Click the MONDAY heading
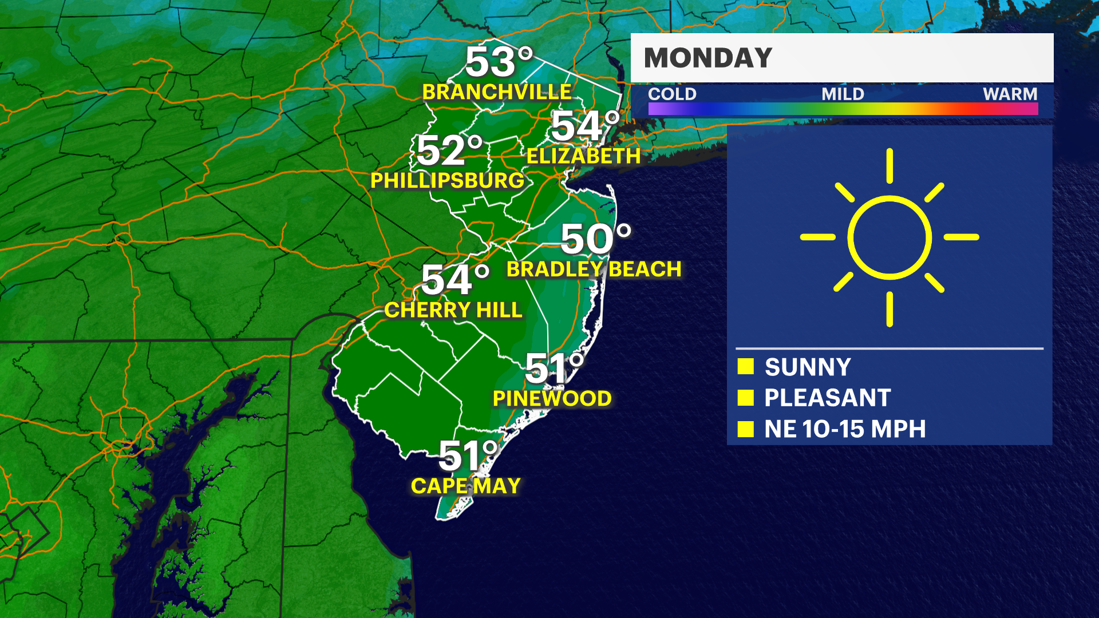tap(708, 58)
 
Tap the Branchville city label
tap(497, 92)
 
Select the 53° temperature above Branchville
tap(498, 61)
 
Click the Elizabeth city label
tap(583, 156)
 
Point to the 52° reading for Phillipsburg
tap(449, 150)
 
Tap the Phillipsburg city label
tap(447, 181)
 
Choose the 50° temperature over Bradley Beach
tap(595, 239)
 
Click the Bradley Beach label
tap(594, 270)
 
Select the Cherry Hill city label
tap(453, 310)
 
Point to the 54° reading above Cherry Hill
tap(455, 280)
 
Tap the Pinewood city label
tap(552, 399)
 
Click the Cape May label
tap(466, 486)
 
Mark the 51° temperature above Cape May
tap(468, 455)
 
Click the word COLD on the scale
tap(672, 94)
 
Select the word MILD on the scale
tap(843, 94)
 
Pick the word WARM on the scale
tap(1010, 94)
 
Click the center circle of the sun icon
tap(890, 237)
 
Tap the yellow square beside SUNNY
tap(746, 367)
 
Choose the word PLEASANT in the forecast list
tap(827, 398)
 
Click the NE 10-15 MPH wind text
tap(845, 429)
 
